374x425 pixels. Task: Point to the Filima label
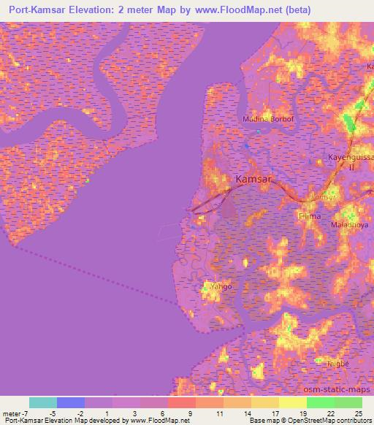[310, 217]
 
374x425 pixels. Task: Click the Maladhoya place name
[350, 226]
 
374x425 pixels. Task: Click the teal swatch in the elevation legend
[43, 402]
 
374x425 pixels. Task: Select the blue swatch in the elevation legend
[71, 402]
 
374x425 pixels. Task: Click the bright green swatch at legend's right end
[348, 402]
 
